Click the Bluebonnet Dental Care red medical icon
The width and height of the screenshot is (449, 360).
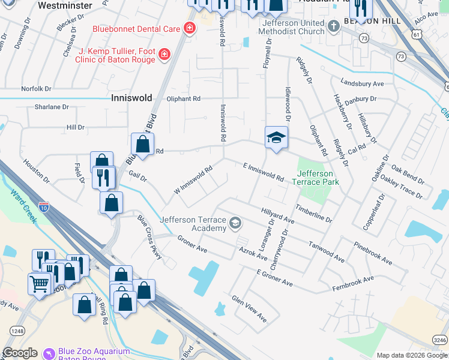[190, 28]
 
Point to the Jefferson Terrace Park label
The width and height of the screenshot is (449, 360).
[315, 178]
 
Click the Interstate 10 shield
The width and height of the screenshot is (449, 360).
[44, 206]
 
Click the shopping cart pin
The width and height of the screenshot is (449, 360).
[40, 283]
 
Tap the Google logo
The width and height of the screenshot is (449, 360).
[20, 353]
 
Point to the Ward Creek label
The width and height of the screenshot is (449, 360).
[23, 204]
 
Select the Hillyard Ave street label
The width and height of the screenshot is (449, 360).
[277, 216]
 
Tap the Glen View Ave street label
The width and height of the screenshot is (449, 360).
[249, 308]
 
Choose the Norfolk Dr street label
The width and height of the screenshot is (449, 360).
[37, 89]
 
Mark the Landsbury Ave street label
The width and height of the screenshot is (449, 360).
[361, 83]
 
